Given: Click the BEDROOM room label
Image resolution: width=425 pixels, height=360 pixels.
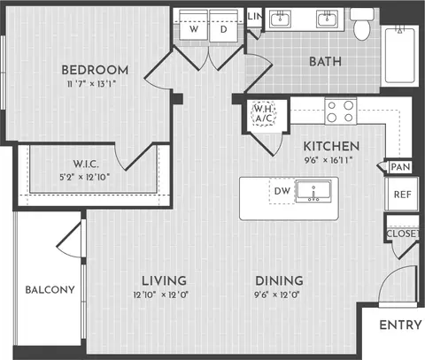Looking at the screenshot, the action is pyautogui.click(x=95, y=70).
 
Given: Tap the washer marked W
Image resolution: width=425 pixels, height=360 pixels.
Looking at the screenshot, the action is pyautogui.click(x=194, y=26).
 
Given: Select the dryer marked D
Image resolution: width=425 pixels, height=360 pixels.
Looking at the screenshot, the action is pyautogui.click(x=224, y=26).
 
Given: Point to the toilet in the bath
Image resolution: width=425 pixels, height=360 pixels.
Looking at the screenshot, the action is pyautogui.click(x=362, y=24).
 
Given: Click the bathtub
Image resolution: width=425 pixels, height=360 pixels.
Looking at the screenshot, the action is pyautogui.click(x=400, y=56).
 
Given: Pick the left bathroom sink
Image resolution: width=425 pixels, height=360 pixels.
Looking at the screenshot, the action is pyautogui.click(x=280, y=19).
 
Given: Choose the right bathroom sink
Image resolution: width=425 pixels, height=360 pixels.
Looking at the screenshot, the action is pyautogui.click(x=328, y=19).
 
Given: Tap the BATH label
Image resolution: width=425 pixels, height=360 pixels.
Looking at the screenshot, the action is pyautogui.click(x=325, y=62).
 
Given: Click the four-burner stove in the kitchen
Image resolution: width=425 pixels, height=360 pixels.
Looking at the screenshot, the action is pyautogui.click(x=341, y=111).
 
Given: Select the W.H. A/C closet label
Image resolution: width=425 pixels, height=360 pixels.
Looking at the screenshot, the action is pyautogui.click(x=265, y=113).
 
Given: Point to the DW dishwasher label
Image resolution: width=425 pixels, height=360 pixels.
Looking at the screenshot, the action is pyautogui.click(x=282, y=191).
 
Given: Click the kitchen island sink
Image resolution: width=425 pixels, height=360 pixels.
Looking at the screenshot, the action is pyautogui.click(x=313, y=191).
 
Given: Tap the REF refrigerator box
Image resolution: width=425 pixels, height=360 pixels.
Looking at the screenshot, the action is pyautogui.click(x=402, y=194).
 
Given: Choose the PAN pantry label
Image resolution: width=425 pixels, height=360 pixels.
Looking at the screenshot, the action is pyautogui.click(x=400, y=167).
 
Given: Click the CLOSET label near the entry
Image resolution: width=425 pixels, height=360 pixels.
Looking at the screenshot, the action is pyautogui.click(x=403, y=234).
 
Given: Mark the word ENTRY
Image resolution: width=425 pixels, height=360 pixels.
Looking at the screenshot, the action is pyautogui.click(x=400, y=325).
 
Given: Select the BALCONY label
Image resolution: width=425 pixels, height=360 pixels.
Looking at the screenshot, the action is pyautogui.click(x=50, y=289).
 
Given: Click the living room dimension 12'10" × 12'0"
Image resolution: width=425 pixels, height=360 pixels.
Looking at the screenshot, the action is pyautogui.click(x=161, y=295).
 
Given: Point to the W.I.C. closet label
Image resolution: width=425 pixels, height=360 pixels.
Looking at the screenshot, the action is pyautogui.click(x=86, y=164).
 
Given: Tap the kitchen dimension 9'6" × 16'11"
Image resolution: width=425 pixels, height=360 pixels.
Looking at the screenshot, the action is pyautogui.click(x=328, y=160).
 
